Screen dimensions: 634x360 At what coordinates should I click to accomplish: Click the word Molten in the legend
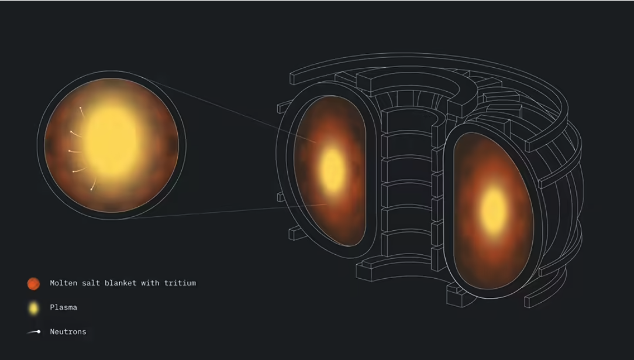tap(64, 283)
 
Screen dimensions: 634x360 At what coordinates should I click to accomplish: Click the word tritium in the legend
tap(180, 283)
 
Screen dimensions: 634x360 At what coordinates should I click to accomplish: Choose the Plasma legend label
tap(64, 307)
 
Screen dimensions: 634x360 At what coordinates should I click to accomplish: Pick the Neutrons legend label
tap(68, 332)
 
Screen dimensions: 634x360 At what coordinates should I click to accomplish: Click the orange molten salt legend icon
tap(33, 283)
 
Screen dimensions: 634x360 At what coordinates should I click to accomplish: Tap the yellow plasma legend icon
tap(33, 309)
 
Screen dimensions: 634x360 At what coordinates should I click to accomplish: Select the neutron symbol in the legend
tap(34, 332)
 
